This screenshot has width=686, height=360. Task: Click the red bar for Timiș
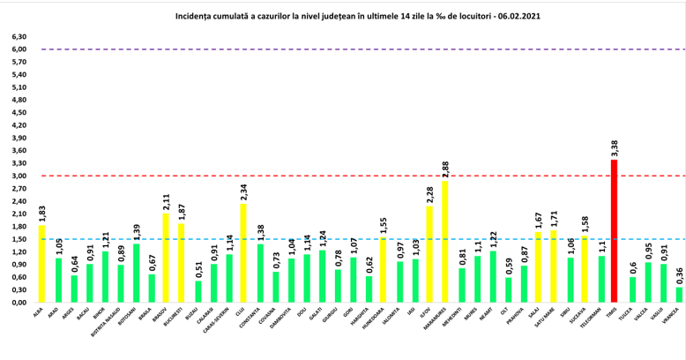pos(615,231)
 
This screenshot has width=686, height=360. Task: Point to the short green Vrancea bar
pos(679,295)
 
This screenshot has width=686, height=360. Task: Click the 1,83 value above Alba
pos(41,214)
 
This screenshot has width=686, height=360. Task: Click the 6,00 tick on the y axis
pos(19,49)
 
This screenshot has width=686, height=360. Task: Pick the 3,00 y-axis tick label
pos(19,176)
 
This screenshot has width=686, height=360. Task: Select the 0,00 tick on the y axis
pos(19,303)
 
